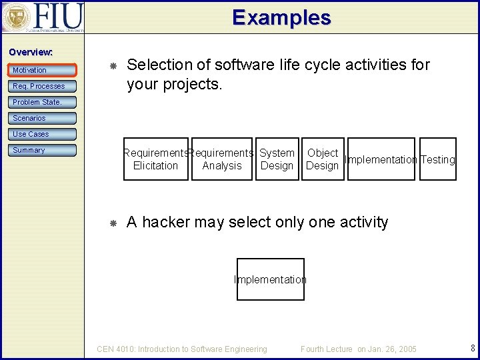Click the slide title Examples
(281, 17)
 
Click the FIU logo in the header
(43, 17)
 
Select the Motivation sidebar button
(43, 70)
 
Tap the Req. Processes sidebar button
(43, 86)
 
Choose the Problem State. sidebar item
(43, 102)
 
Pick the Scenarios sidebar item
(43, 118)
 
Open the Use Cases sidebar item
(43, 134)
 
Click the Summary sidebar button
(43, 150)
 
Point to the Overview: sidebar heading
(31, 52)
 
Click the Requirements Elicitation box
(155, 159)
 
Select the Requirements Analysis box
(222, 159)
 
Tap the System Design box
(277, 159)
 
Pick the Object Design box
(323, 159)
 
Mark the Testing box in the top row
(438, 159)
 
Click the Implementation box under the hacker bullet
(270, 279)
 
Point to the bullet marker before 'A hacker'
(113, 223)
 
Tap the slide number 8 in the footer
(472, 348)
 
